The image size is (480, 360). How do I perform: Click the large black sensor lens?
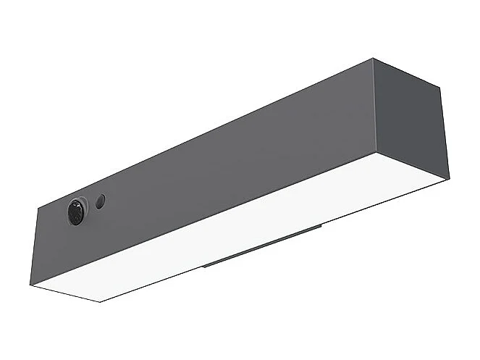click(76, 212)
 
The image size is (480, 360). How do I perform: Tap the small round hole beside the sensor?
click(100, 201)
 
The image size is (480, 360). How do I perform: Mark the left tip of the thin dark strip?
click(203, 265)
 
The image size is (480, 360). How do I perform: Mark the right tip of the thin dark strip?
click(321, 228)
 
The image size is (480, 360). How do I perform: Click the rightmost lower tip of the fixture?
click(449, 178)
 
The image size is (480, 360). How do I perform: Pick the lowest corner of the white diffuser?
click(100, 302)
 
